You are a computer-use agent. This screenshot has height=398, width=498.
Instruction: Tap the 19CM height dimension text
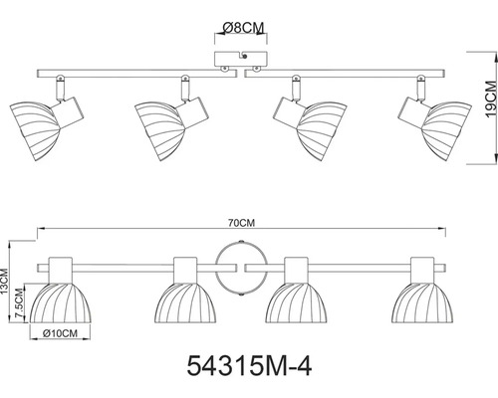(x=491, y=99)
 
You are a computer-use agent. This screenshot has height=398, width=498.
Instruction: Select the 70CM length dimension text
(x=241, y=223)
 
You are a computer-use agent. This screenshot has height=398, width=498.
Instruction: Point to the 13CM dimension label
(x=4, y=282)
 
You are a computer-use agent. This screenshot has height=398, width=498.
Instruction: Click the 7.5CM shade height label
(x=20, y=303)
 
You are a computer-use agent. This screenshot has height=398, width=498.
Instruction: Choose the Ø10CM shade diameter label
(x=60, y=333)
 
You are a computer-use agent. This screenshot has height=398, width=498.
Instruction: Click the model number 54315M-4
(x=249, y=366)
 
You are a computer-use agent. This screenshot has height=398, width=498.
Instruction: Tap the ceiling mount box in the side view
(x=241, y=59)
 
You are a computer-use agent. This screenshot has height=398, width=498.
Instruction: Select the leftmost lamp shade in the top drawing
(x=35, y=130)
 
